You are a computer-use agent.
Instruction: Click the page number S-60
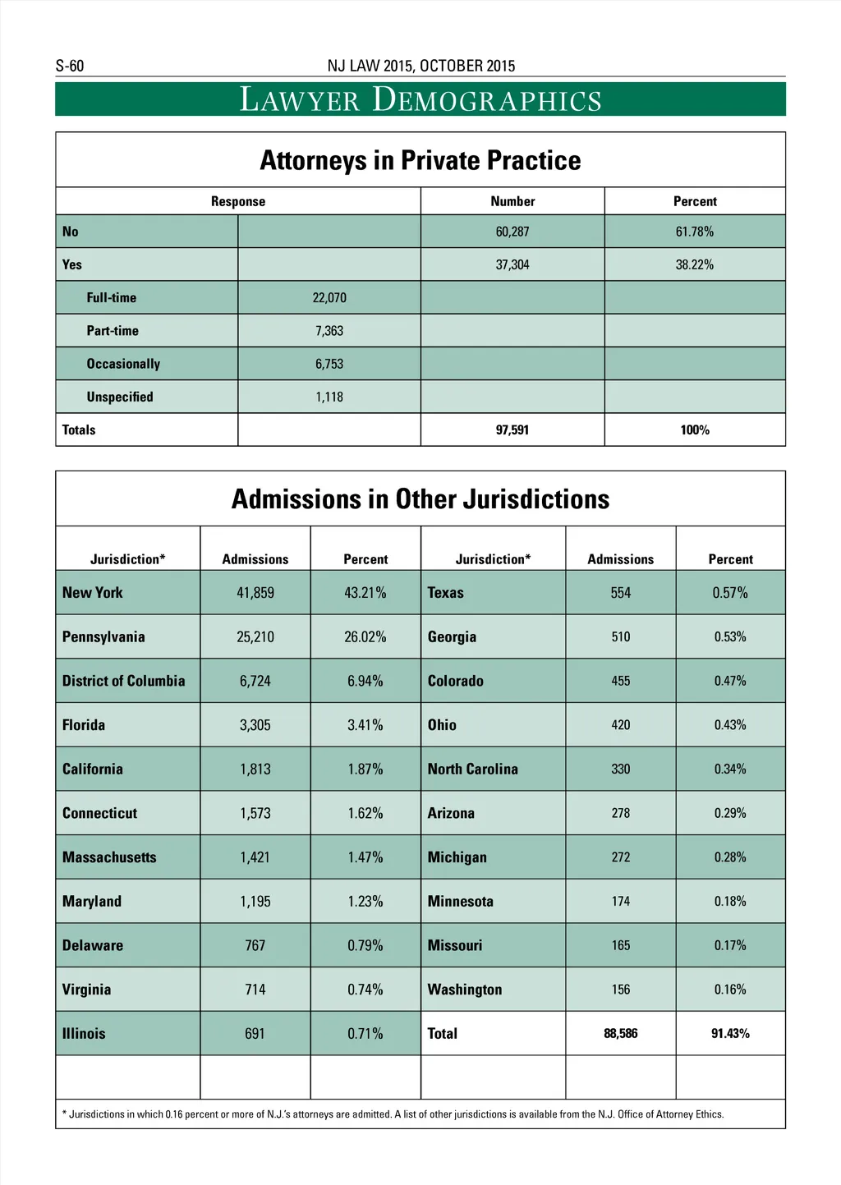click(70, 66)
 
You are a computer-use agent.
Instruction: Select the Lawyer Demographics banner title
click(420, 99)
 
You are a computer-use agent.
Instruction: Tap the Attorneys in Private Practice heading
click(420, 160)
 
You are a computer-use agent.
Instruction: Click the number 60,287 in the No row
click(512, 232)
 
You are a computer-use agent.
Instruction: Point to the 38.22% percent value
click(695, 264)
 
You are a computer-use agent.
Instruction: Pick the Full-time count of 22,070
click(329, 297)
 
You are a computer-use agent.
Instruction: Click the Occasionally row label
click(123, 364)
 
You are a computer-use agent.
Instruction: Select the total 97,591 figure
click(512, 429)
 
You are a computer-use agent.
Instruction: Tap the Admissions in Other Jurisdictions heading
click(420, 499)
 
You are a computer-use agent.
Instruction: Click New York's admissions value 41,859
click(255, 593)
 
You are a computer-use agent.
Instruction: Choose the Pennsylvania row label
click(103, 636)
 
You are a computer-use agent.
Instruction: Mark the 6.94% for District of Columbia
click(365, 681)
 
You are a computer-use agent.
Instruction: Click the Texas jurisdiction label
click(446, 593)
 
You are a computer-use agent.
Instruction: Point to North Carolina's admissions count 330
click(621, 769)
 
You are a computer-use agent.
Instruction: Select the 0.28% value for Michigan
click(730, 857)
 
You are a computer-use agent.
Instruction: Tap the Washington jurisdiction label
click(465, 990)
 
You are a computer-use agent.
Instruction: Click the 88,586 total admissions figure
click(621, 1033)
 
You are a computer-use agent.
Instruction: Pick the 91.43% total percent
click(730, 1033)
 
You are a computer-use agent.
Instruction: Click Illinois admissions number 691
click(255, 1033)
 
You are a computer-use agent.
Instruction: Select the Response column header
click(238, 201)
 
